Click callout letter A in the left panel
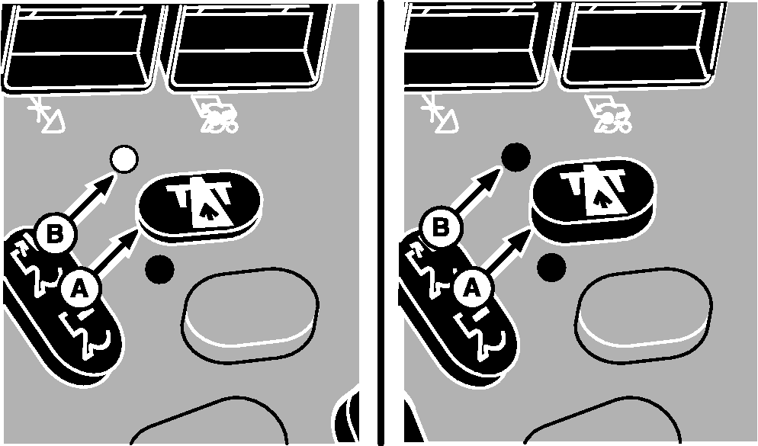tap(80, 289)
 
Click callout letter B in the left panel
tap(56, 234)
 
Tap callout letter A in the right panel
tap(472, 288)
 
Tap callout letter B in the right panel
tap(440, 227)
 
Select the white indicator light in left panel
tap(124, 159)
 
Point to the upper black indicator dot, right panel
tap(516, 157)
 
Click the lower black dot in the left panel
tap(159, 269)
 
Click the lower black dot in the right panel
tap(551, 267)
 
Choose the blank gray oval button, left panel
tap(250, 314)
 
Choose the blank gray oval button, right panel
tap(644, 314)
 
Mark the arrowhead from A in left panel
tap(127, 241)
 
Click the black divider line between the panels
tap(381, 223)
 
